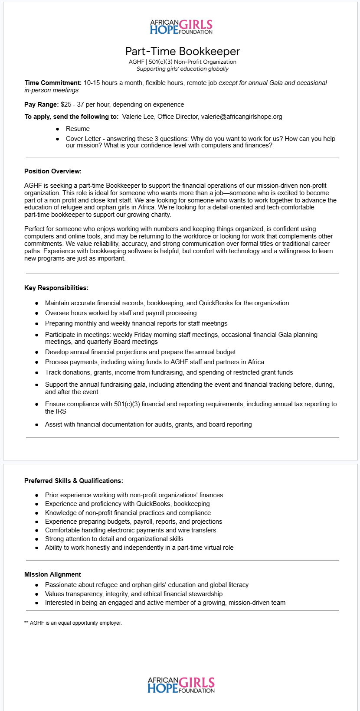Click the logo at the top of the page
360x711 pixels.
(181, 27)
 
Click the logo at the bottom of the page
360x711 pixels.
(181, 685)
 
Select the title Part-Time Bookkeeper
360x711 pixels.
(182, 51)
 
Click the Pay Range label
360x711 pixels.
(42, 104)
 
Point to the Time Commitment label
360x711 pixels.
(53, 83)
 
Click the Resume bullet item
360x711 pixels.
(78, 129)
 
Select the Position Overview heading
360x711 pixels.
(53, 171)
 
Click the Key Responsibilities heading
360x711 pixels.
(56, 288)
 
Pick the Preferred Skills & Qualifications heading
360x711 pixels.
(74, 481)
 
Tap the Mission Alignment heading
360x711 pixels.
(52, 574)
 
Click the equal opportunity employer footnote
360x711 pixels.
(73, 623)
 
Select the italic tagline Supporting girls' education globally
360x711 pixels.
(182, 69)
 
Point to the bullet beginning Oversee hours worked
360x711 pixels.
(121, 313)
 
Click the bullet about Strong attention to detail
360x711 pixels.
(114, 539)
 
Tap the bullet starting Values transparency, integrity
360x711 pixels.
(134, 594)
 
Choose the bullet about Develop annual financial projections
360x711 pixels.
(140, 352)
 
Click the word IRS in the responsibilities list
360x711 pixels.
(61, 411)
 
